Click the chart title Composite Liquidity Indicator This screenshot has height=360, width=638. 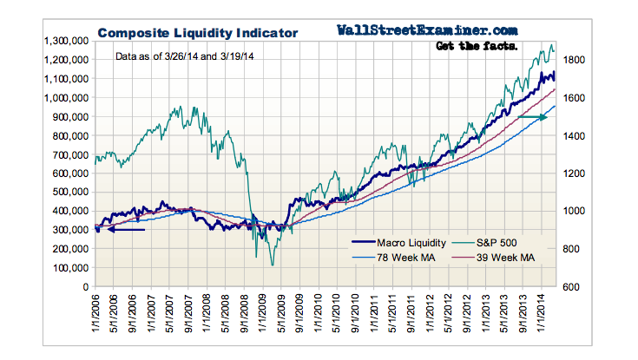coord(197,33)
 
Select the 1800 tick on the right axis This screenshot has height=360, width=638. coord(577,60)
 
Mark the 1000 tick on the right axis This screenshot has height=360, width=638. coord(577,211)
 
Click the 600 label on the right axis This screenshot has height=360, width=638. coord(574,287)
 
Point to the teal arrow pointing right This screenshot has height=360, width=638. coord(532,116)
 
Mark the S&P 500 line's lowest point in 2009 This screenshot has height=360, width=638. coord(272,265)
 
